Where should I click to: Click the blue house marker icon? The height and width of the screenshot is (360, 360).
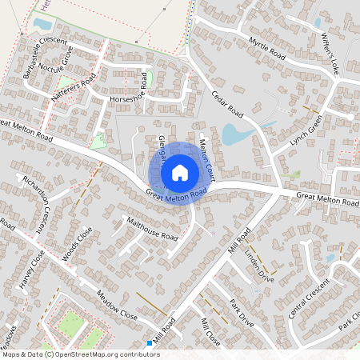click(180, 172)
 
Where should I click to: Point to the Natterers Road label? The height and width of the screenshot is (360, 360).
click(74, 87)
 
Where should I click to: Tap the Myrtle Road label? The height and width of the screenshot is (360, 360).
click(266, 47)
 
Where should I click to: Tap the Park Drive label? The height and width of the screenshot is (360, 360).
click(241, 310)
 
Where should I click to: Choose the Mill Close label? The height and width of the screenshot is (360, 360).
click(210, 330)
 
